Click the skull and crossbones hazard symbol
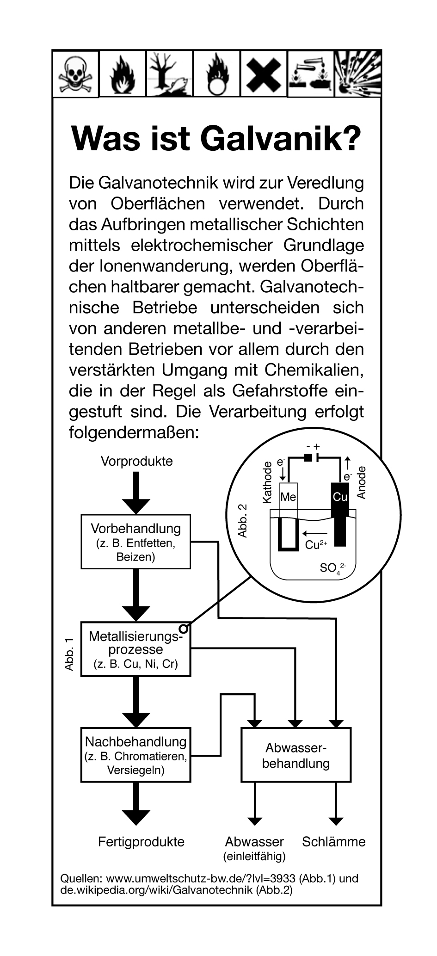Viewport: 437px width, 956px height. pyautogui.click(x=75, y=74)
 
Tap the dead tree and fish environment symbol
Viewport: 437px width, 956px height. pyautogui.click(x=169, y=74)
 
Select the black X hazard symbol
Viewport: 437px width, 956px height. pyautogui.click(x=263, y=74)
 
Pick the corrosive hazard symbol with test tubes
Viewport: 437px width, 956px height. pyautogui.click(x=311, y=74)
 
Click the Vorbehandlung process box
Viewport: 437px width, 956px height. pyautogui.click(x=135, y=542)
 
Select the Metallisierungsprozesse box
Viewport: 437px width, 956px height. pyautogui.click(x=135, y=649)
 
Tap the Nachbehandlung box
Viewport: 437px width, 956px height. pyautogui.click(x=135, y=755)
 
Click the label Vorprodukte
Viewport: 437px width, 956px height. pyautogui.click(x=136, y=461)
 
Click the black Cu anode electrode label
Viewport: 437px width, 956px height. pyautogui.click(x=340, y=497)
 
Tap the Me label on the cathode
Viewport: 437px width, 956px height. pyautogui.click(x=288, y=497)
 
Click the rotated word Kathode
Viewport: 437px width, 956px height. pyautogui.click(x=267, y=482)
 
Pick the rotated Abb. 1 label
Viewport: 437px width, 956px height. pyautogui.click(x=69, y=654)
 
